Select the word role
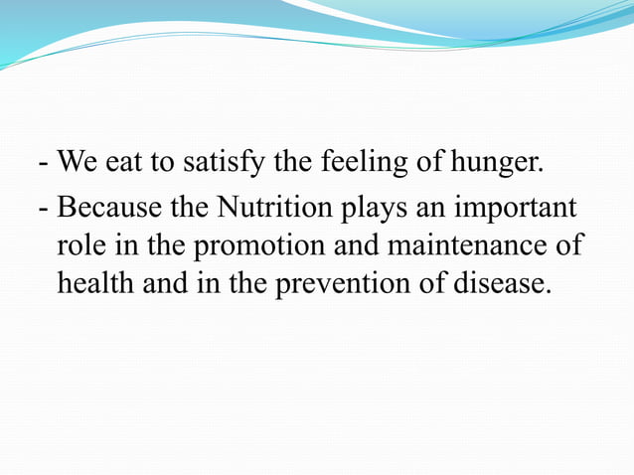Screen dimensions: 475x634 tap(79, 246)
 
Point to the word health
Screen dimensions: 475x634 tap(93, 283)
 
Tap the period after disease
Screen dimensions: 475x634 tap(546, 291)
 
